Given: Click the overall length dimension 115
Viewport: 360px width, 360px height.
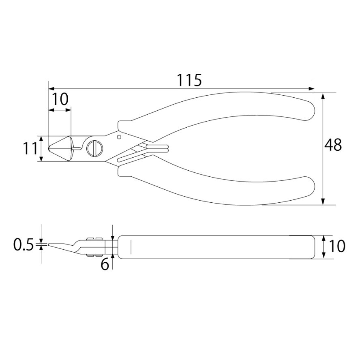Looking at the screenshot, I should [x=189, y=80].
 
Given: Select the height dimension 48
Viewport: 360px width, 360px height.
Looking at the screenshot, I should [x=333, y=145].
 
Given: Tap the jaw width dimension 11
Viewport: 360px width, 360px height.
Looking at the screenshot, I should [x=30, y=149].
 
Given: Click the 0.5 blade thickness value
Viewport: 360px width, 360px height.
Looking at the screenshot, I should [x=23, y=245].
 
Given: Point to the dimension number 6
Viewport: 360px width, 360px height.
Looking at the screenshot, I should [x=105, y=265].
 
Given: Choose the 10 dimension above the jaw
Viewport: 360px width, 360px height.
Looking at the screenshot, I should [x=60, y=99].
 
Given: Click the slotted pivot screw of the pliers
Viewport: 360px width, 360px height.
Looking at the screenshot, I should [x=95, y=148].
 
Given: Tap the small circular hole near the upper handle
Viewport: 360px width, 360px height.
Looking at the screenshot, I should [x=119, y=137].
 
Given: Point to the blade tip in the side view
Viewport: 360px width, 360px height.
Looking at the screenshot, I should [x=49, y=244].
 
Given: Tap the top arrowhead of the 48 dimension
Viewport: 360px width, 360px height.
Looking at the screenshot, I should [x=323, y=96].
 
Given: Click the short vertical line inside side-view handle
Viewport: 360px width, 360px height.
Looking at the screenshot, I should [x=131, y=246].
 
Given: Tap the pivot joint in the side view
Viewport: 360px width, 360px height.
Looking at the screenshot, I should [x=94, y=246].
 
